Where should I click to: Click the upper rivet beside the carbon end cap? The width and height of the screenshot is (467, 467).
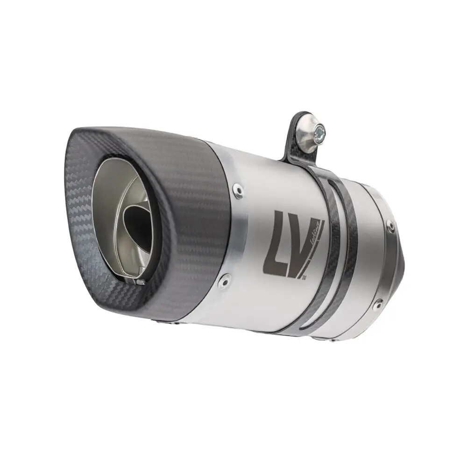click(238, 190)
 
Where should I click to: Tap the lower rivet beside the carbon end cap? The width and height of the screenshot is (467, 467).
click(225, 280)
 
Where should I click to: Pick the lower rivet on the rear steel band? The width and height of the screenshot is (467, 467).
click(378, 304)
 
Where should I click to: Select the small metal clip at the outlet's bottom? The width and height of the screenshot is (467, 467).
click(139, 282)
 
